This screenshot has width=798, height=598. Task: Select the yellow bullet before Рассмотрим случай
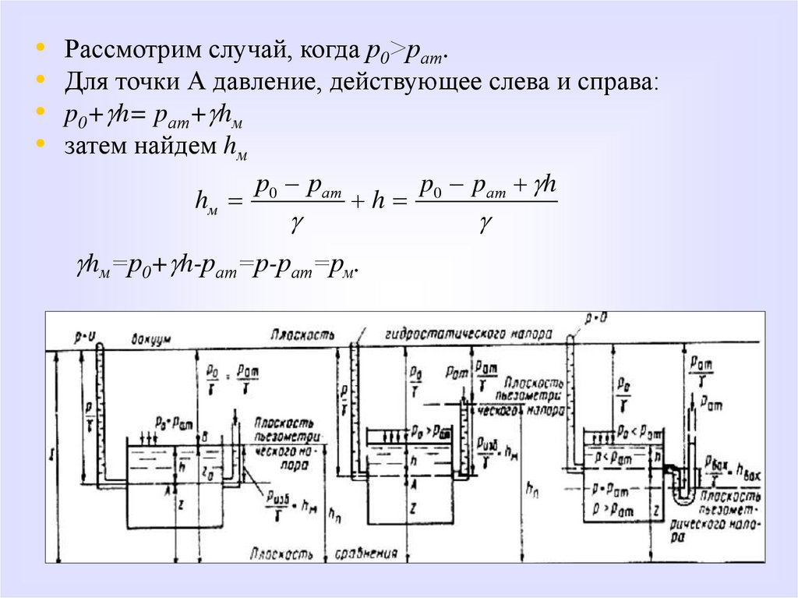tap(41, 48)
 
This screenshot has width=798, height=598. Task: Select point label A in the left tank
tap(167, 490)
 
